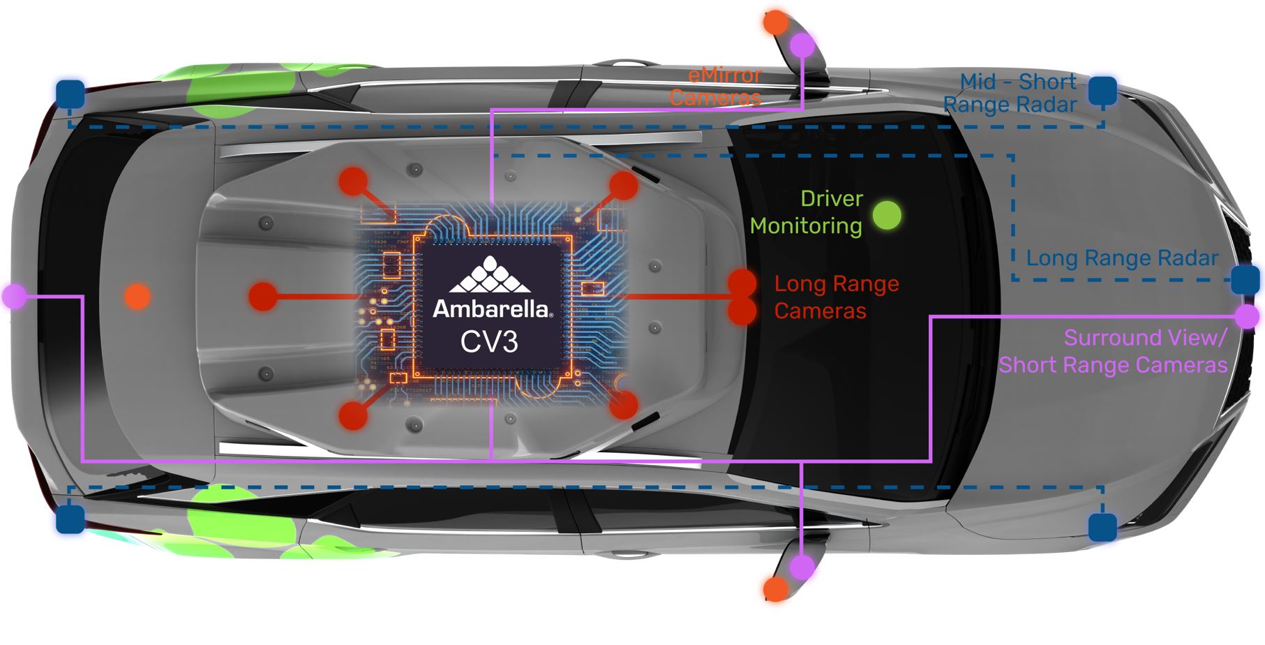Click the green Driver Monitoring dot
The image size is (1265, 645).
pyautogui.click(x=887, y=215)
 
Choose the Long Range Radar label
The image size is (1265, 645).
pyautogui.click(x=1122, y=258)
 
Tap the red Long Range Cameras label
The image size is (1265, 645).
pyautogui.click(x=836, y=297)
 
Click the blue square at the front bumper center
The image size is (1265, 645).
pyautogui.click(x=1245, y=279)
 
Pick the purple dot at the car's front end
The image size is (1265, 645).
pyautogui.click(x=1246, y=316)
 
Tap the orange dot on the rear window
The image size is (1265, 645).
pyautogui.click(x=137, y=296)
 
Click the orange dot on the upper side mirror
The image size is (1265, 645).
pyautogui.click(x=775, y=22)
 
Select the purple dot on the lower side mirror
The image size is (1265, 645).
pyautogui.click(x=802, y=567)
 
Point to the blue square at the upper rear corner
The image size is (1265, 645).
pyautogui.click(x=70, y=94)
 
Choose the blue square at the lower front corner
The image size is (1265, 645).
pyautogui.click(x=1102, y=526)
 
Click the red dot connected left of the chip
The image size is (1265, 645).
pyautogui.click(x=262, y=296)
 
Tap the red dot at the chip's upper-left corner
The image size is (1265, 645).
pyautogui.click(x=353, y=181)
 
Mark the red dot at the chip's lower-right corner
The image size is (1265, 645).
pyautogui.click(x=624, y=405)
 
